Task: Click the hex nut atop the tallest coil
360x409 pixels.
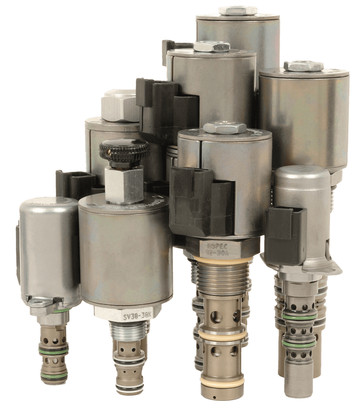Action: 237,10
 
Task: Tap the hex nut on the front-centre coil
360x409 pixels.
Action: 225,128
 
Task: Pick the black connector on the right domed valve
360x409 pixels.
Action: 286,229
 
